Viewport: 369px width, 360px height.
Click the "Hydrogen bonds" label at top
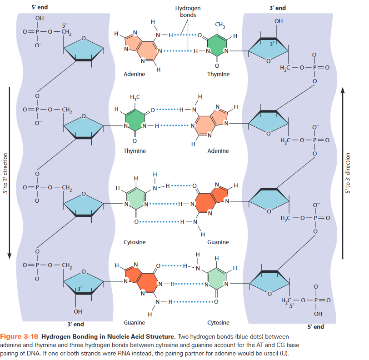pyautogui.click(x=187, y=11)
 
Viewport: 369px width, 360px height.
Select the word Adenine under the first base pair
pyautogui.click(x=134, y=74)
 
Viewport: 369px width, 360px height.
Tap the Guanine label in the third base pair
pyautogui.click(x=218, y=242)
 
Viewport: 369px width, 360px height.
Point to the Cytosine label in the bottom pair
pyautogui.click(x=218, y=323)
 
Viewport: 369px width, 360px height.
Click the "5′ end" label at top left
pyautogui.click(x=40, y=7)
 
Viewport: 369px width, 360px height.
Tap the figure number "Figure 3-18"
pyautogui.click(x=21, y=337)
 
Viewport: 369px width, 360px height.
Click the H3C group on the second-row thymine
pyautogui.click(x=135, y=97)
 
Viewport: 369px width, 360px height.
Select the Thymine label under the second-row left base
pyautogui.click(x=134, y=151)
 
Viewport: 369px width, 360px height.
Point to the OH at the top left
pyautogui.click(x=40, y=18)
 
